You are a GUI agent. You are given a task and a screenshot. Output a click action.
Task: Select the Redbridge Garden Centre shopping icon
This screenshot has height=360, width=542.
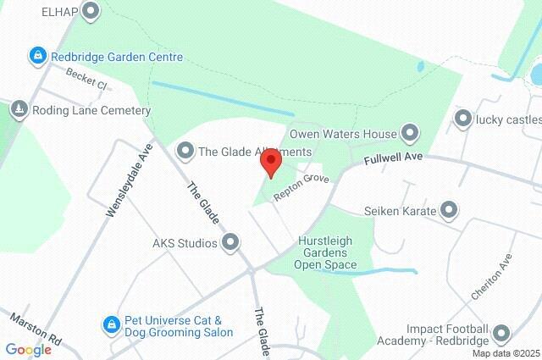pyautogui.click(x=38, y=57)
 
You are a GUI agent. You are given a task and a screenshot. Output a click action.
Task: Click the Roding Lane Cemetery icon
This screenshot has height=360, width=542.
pyautogui.click(x=19, y=110)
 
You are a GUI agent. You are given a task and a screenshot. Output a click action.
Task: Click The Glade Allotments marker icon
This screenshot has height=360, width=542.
pyautogui.click(x=184, y=152)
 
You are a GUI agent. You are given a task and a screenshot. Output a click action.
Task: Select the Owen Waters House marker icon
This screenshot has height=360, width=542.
pyautogui.click(x=410, y=134)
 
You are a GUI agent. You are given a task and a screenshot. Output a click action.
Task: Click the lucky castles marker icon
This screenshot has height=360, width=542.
pyautogui.click(x=462, y=119)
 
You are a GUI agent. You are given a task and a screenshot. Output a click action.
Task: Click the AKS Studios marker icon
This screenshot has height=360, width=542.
pyautogui.click(x=230, y=244)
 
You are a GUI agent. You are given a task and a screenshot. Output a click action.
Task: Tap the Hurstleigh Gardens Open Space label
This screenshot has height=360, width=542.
pyautogui.click(x=325, y=252)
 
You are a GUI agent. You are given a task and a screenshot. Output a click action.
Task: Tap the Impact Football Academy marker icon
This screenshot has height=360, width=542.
pyautogui.click(x=501, y=335)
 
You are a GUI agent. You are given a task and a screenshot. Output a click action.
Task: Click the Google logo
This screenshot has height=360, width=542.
pyautogui.click(x=28, y=350)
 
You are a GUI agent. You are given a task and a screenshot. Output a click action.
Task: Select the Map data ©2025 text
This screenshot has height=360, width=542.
pyautogui.click(x=506, y=353)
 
